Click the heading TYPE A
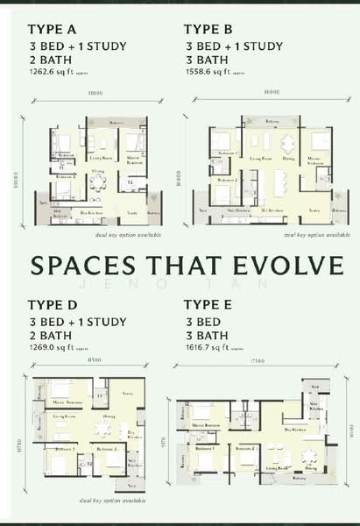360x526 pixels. pyautogui.click(x=54, y=28)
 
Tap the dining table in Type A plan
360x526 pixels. pyautogui.click(x=97, y=182)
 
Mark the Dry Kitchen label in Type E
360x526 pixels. pyautogui.click(x=297, y=430)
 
